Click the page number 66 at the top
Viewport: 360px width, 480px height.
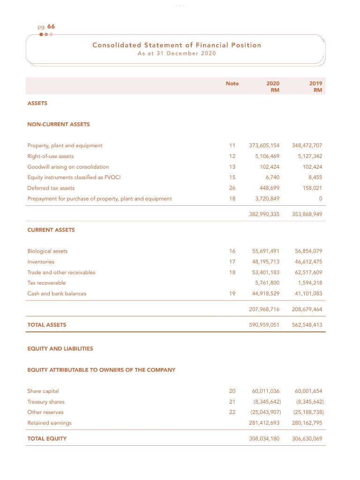point(51,27)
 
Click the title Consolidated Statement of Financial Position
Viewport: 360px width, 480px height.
point(177,45)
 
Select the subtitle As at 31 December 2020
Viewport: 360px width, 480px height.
point(177,53)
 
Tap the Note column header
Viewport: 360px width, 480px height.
point(232,83)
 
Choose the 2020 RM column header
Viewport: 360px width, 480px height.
point(273,87)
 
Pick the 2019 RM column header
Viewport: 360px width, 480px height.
point(315,87)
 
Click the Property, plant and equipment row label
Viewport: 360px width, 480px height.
point(65,145)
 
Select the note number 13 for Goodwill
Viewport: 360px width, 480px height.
point(232,167)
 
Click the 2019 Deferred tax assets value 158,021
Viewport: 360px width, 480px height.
point(312,188)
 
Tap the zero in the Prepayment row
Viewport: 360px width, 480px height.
point(320,199)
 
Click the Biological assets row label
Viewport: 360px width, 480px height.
point(47,251)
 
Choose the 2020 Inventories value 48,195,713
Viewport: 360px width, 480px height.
point(265,262)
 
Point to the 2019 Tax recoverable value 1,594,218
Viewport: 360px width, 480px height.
point(310,283)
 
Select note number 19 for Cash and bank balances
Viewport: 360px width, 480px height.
point(232,293)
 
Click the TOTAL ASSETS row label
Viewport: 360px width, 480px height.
point(47,325)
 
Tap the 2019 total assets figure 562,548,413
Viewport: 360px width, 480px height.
point(307,325)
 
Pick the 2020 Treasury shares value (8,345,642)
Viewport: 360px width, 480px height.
point(267,402)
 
